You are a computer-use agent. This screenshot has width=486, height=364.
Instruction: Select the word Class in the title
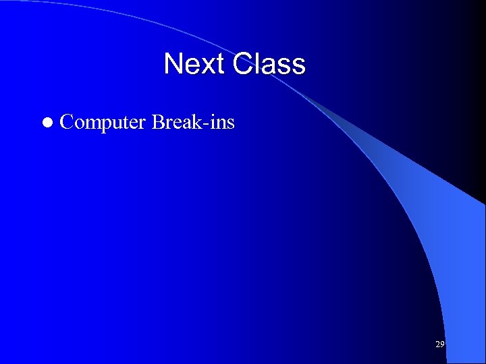point(269,65)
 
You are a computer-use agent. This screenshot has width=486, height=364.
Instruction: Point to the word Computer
point(103,123)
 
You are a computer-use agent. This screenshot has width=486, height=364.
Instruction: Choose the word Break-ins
point(193,122)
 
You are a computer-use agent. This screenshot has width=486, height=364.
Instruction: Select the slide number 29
point(439,344)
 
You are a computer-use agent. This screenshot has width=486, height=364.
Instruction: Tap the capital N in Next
point(174,65)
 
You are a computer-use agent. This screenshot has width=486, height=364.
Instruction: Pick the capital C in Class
point(244,65)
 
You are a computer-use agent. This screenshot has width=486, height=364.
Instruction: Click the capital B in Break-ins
point(159,122)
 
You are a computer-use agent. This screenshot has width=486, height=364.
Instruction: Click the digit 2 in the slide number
point(437,344)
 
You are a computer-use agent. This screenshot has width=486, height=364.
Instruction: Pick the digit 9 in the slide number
point(442,344)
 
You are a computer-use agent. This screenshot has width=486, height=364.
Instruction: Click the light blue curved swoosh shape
point(432,222)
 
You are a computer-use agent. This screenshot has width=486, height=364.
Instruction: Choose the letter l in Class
point(259,65)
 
